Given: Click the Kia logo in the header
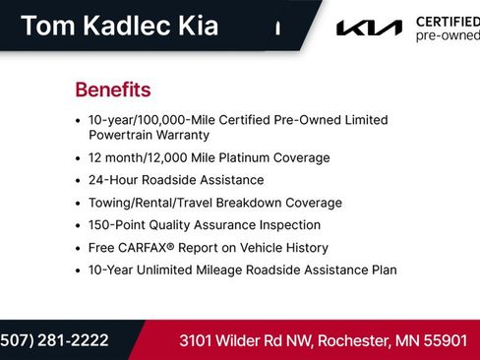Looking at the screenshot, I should coord(370,28).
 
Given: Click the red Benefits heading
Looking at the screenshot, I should coord(112,90).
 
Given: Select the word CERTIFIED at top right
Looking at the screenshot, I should coord(448,21).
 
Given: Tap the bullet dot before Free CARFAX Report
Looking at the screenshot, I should coord(78,249).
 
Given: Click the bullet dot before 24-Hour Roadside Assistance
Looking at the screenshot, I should coord(78,181).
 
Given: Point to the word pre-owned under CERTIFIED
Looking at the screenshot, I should coord(448,35).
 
